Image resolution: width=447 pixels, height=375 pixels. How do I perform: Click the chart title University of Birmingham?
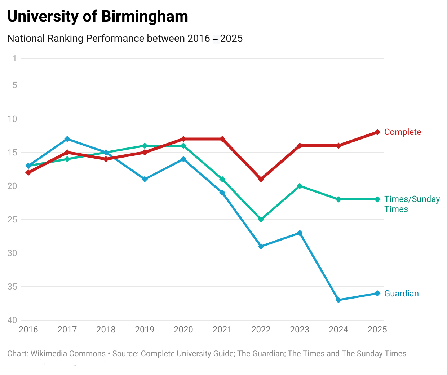point(98,17)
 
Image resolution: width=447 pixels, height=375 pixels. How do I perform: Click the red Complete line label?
point(402,132)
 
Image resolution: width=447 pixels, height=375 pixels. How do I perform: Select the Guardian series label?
point(401,294)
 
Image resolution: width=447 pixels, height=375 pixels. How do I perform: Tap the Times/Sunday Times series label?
point(412,204)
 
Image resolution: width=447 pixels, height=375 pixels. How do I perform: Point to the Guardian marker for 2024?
point(338,300)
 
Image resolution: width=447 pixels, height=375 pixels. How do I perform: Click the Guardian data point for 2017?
point(67,139)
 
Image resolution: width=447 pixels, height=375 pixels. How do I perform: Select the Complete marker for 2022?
point(261,179)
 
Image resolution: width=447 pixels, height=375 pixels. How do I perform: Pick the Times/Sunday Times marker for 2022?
point(261,219)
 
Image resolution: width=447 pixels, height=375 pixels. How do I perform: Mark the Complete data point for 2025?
point(377,132)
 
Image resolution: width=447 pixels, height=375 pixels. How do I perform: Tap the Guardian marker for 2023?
point(300,233)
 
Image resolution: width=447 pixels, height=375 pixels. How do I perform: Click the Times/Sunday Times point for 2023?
point(300,186)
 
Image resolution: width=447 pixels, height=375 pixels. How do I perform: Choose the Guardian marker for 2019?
point(145,179)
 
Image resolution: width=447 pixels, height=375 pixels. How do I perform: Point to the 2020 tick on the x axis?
point(183,330)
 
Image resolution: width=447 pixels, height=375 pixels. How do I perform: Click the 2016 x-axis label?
point(28,330)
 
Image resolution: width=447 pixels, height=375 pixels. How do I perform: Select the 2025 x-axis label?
point(377,330)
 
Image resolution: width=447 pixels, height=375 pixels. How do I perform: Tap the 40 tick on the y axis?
point(12,320)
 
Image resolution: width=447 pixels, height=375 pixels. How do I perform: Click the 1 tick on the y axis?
point(14,58)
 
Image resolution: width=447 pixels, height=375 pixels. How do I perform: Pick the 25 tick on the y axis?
point(12,220)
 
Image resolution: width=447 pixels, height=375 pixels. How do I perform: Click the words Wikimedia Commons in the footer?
point(68,354)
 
